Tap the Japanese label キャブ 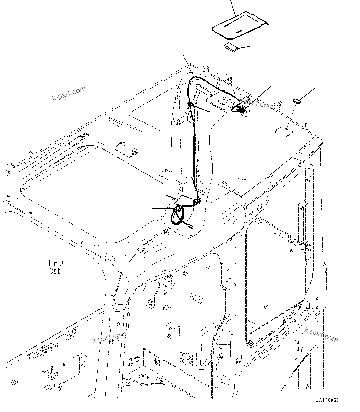point(55,263)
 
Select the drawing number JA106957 point(327,400)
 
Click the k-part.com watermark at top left point(68,94)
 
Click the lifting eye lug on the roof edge point(278,106)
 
